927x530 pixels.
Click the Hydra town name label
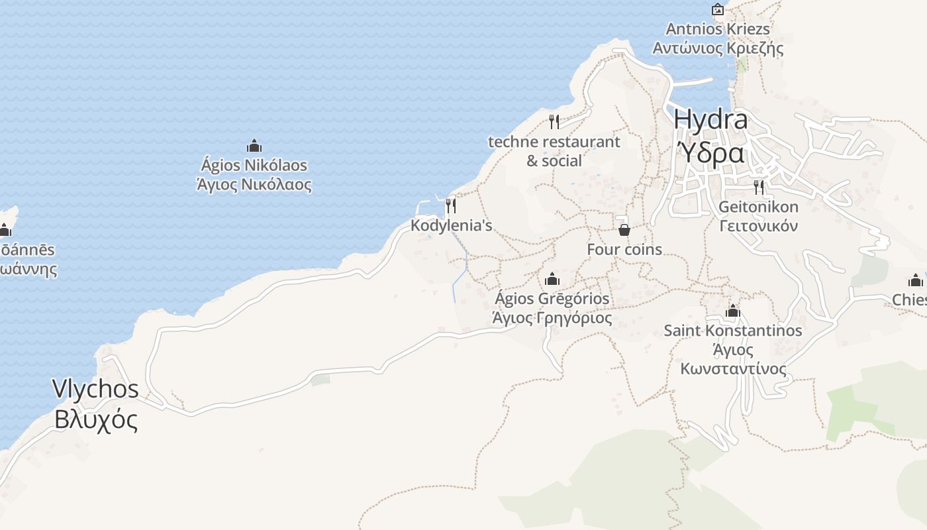click(x=710, y=120)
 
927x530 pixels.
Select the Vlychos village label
click(x=95, y=389)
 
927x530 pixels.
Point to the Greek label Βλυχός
click(x=95, y=419)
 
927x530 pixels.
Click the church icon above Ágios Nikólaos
click(x=254, y=146)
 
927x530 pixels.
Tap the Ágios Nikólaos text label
click(x=254, y=165)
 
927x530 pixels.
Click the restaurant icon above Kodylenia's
click(x=451, y=206)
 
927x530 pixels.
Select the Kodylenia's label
click(x=451, y=225)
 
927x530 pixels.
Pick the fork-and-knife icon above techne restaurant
click(x=554, y=122)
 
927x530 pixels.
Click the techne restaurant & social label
click(x=554, y=151)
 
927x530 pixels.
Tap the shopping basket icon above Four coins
click(x=624, y=230)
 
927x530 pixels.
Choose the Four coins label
click(x=624, y=250)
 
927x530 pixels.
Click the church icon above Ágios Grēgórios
click(x=552, y=279)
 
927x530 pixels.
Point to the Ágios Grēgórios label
click(x=552, y=299)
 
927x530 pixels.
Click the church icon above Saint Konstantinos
click(x=732, y=311)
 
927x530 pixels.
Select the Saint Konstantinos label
click(x=733, y=331)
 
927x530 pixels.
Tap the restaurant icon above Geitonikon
click(x=759, y=187)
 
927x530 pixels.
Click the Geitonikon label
click(x=759, y=207)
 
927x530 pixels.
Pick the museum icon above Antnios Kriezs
click(x=718, y=9)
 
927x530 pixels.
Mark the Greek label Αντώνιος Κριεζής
click(x=718, y=48)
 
